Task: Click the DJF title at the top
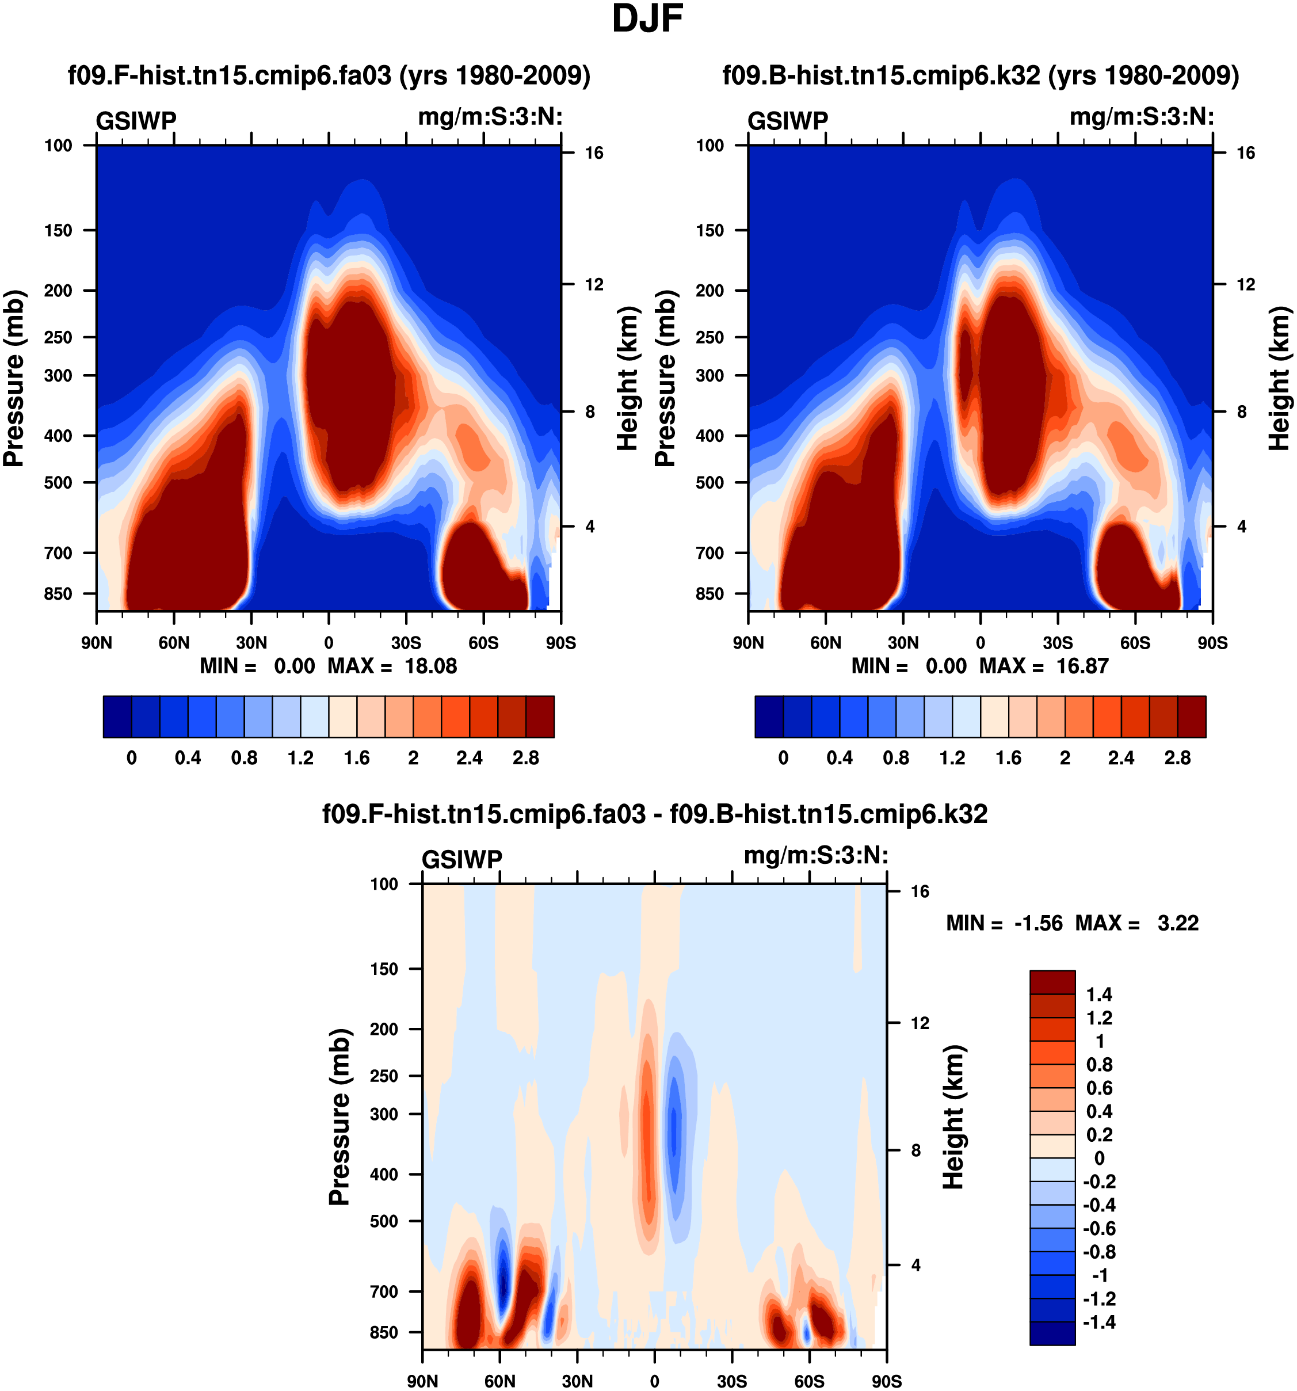coord(647,19)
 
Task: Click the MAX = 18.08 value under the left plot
coord(392,666)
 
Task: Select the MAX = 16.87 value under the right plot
coord(1044,666)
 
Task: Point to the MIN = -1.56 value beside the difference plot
coord(1004,924)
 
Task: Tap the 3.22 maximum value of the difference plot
coord(1178,924)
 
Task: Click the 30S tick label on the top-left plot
coord(406,643)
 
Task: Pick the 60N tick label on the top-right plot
coord(826,643)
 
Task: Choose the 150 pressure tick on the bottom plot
coord(384,969)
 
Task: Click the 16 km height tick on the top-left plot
coord(594,153)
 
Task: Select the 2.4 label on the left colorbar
coord(470,759)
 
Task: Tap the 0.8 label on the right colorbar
coord(896,759)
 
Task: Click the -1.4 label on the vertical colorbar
coord(1098,1323)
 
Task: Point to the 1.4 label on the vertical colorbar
coord(1099,994)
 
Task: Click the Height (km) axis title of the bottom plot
coord(953,1118)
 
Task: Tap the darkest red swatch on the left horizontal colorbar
coord(540,717)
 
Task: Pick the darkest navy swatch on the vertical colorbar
coord(1052,1333)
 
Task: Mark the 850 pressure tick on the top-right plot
coord(709,594)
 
